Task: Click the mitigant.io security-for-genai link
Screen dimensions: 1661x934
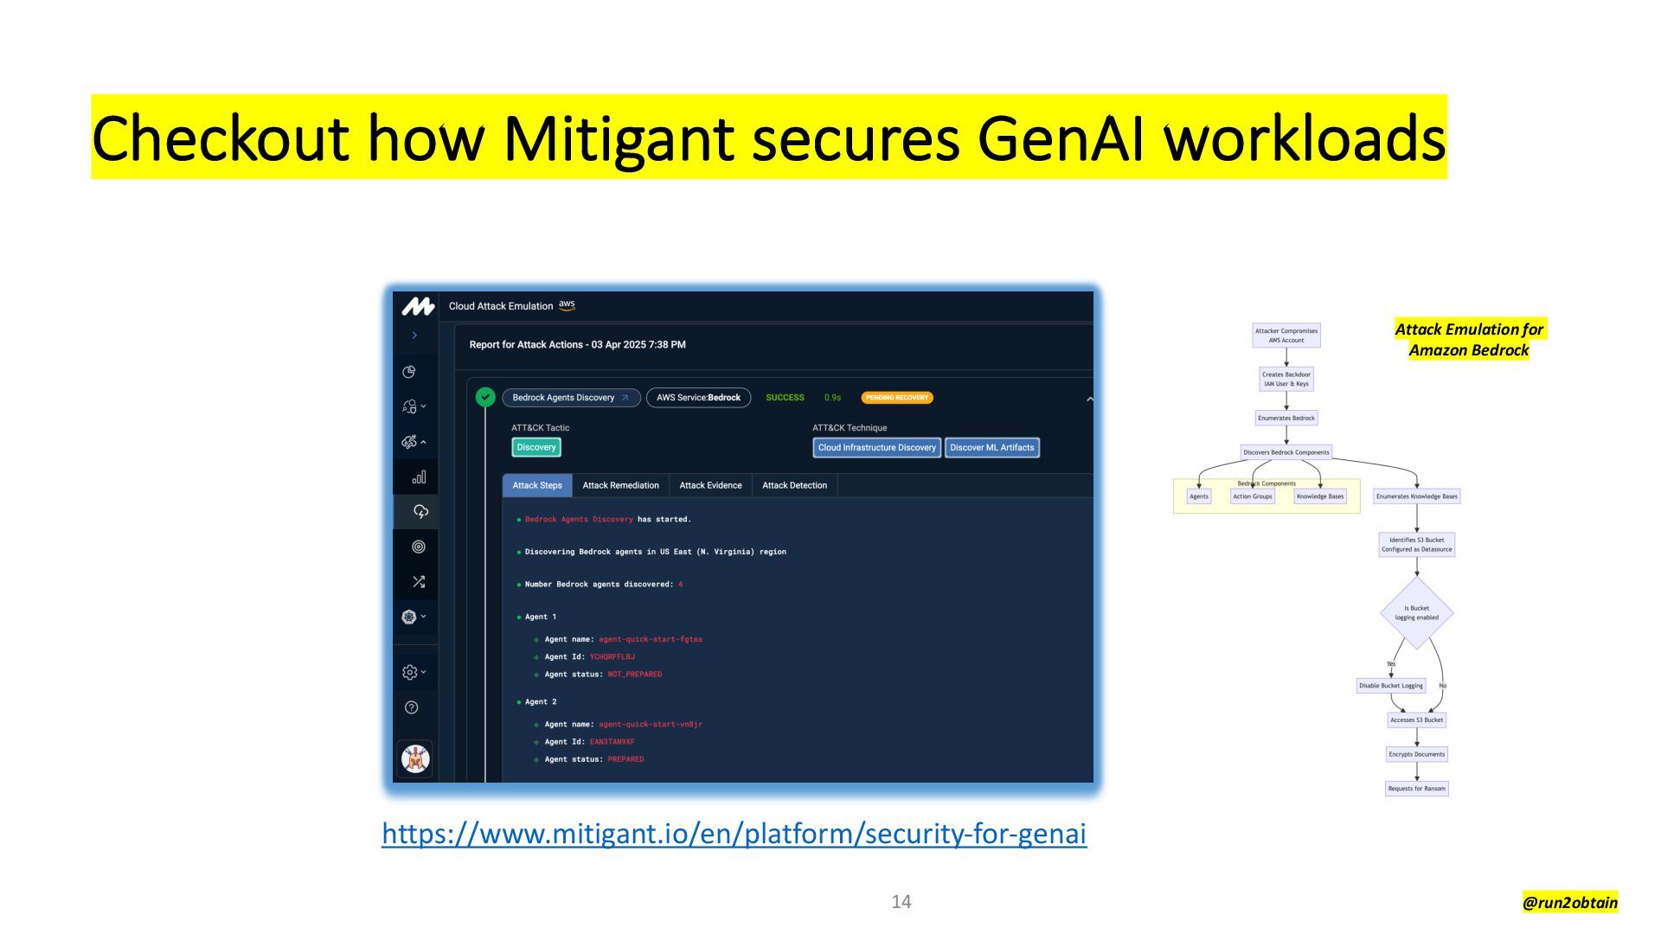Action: tap(734, 833)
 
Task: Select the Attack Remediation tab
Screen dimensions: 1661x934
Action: tap(620, 485)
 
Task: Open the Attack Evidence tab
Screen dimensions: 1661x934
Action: tap(710, 485)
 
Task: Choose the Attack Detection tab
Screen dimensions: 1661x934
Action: tap(794, 485)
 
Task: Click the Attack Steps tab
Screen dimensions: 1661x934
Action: tap(537, 485)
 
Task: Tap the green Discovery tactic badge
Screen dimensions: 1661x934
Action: tap(536, 447)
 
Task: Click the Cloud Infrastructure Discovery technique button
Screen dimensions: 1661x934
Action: tap(876, 447)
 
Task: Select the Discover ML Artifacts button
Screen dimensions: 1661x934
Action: tap(991, 447)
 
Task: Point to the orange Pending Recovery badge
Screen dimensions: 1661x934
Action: tap(896, 398)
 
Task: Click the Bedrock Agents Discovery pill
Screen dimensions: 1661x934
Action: tap(571, 398)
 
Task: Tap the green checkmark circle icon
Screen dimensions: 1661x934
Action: tap(485, 397)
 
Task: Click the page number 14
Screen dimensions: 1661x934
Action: tap(901, 902)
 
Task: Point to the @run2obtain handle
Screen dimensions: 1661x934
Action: tap(1569, 903)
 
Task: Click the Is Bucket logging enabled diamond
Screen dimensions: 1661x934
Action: tap(1416, 613)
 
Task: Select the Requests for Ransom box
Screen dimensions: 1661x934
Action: tap(1416, 789)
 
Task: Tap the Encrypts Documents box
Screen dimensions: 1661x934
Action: tap(1416, 754)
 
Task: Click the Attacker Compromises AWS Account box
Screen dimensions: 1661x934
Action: tap(1286, 336)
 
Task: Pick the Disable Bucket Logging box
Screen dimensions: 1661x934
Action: tap(1390, 686)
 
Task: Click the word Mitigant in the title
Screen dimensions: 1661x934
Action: tap(618, 138)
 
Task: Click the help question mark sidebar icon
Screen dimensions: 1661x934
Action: tap(412, 707)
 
